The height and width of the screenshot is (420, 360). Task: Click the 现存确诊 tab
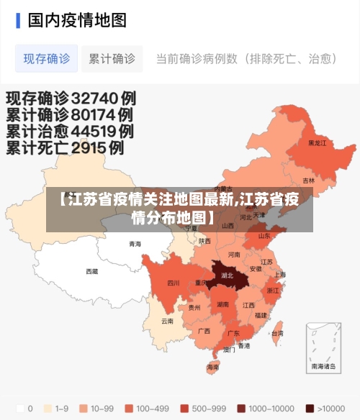point(47,59)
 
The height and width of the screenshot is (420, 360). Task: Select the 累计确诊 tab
point(112,59)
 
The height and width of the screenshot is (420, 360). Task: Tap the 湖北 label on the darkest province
point(228,275)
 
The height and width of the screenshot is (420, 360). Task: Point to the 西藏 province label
point(92,272)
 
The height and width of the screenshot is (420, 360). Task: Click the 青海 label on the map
point(135,244)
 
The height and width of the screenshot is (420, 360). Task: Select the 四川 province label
point(174,283)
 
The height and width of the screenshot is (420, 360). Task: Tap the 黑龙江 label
point(317,143)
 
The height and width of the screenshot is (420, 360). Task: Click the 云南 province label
point(167,321)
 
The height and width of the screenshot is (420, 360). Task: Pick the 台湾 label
point(276,333)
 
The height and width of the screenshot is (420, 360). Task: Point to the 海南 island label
point(212,367)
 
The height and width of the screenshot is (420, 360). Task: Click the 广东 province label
point(233,333)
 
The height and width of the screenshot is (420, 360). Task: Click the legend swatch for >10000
point(310,408)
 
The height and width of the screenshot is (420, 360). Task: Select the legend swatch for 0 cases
point(19,408)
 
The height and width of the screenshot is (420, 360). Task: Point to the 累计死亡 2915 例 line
point(66,148)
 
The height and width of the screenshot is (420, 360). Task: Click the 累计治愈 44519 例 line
point(70,132)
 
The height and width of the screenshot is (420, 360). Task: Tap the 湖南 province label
point(222,304)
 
